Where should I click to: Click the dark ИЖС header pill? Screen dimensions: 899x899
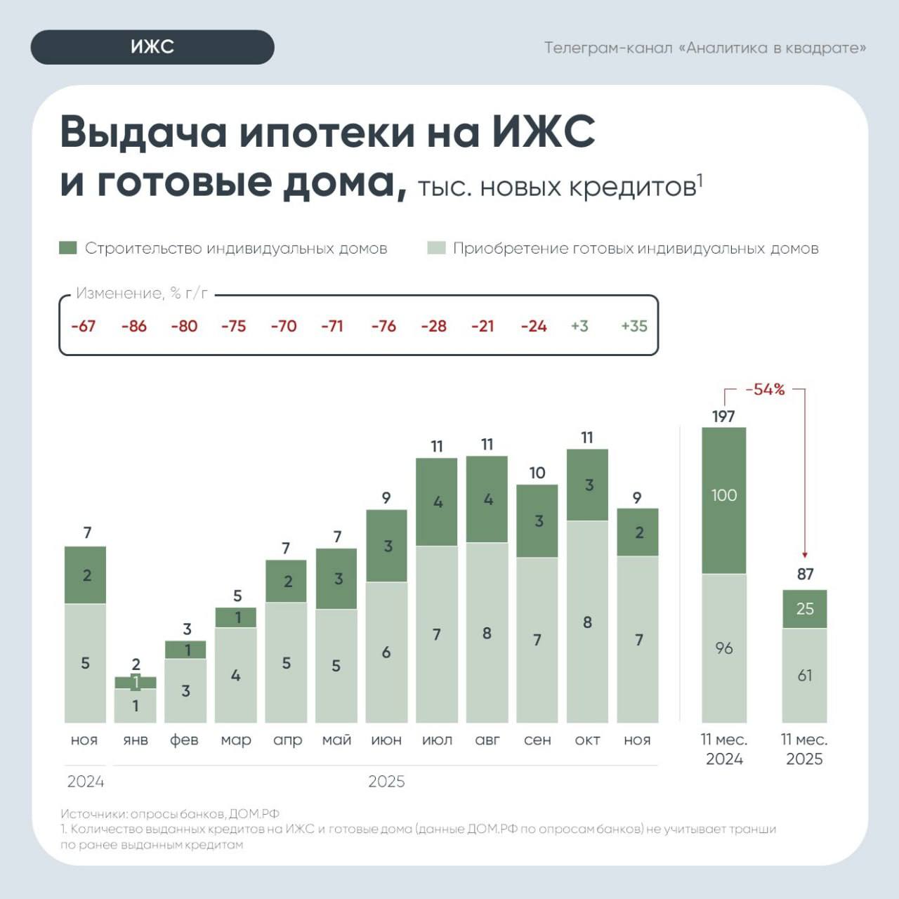point(152,47)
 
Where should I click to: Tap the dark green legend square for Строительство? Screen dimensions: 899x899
point(68,248)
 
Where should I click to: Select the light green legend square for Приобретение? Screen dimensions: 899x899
point(436,248)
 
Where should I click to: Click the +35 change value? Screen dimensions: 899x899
point(634,326)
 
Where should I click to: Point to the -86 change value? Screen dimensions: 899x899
point(133,326)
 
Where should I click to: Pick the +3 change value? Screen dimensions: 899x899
point(579,326)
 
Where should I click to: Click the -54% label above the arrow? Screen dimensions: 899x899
point(765,389)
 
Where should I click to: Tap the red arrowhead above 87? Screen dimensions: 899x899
point(805,555)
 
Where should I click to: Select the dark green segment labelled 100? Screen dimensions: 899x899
point(724,500)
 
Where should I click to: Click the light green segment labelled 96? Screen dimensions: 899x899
point(724,648)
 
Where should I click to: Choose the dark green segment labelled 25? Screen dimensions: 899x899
point(805,608)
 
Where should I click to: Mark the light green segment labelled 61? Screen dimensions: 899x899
point(805,675)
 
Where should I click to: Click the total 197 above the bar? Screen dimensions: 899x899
point(723,416)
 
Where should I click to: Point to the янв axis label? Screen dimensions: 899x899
point(136,740)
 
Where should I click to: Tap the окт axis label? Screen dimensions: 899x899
point(587,740)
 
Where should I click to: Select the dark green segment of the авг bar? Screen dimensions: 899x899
point(487,499)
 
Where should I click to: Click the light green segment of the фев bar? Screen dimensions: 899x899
point(185,690)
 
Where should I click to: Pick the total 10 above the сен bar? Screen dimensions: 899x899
point(537,473)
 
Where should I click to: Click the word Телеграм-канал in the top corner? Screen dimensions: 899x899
point(608,48)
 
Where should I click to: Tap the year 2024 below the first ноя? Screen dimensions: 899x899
point(86,781)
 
